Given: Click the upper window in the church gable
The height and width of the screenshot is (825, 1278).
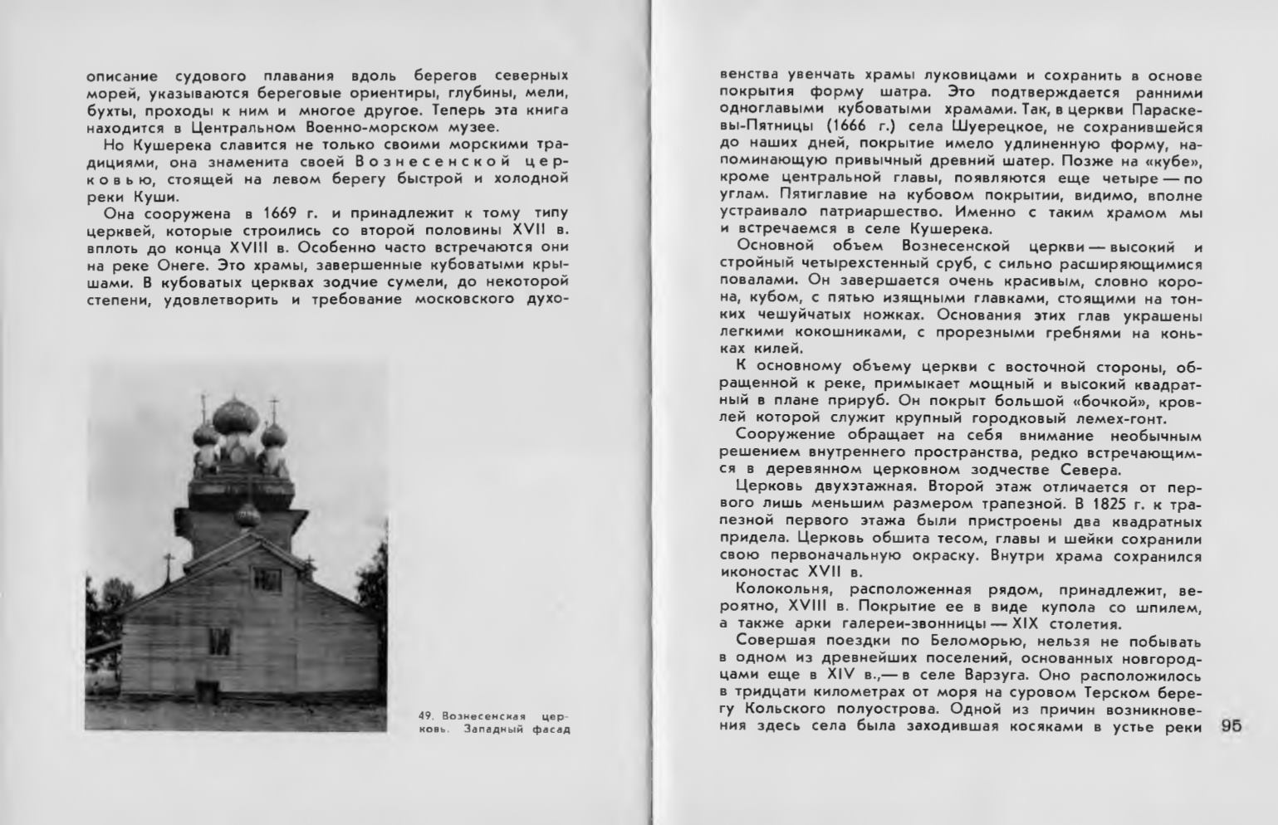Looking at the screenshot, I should pos(266,576).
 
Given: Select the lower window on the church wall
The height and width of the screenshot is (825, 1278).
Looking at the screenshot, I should pos(219,639).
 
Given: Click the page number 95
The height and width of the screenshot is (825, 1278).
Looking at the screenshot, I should pos(1231,725).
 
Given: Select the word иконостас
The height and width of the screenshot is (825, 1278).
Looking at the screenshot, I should pos(759,572).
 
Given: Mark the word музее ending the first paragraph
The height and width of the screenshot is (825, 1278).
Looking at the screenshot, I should pos(472,127).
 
